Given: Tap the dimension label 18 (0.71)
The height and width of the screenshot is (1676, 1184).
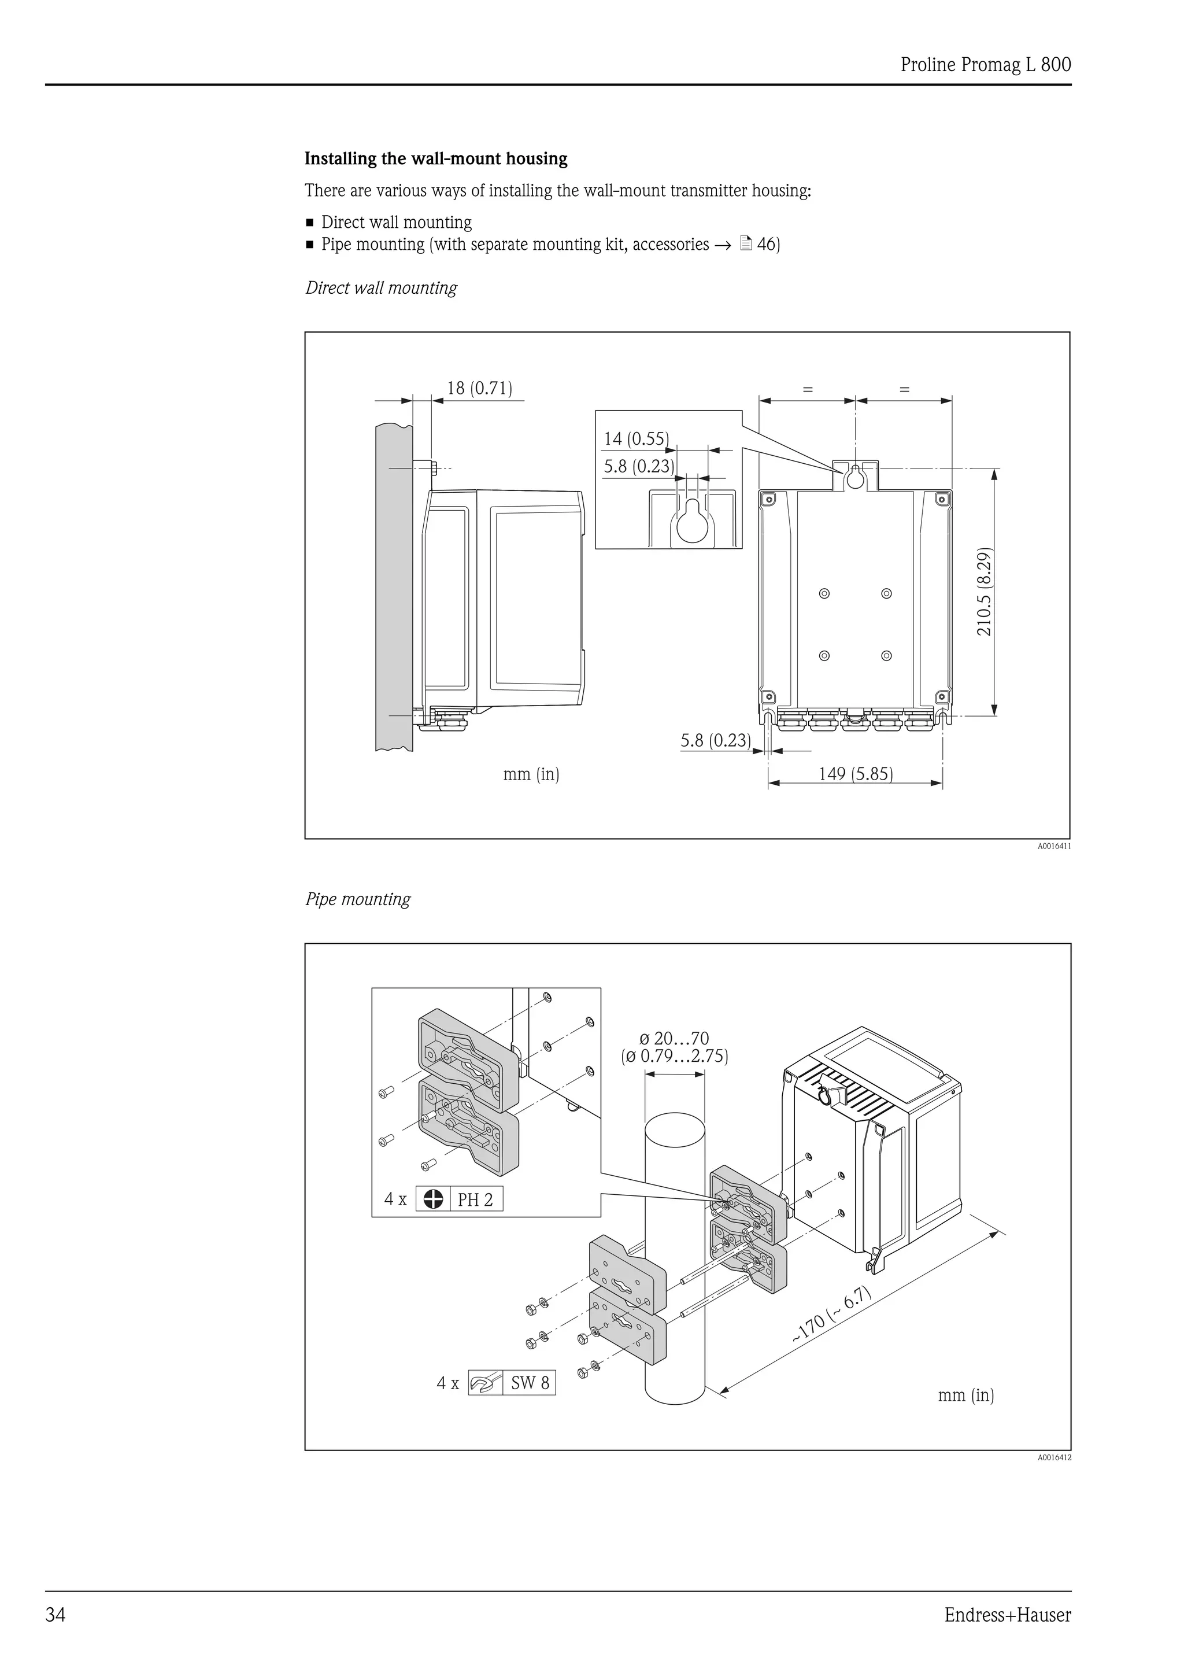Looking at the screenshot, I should [x=479, y=388].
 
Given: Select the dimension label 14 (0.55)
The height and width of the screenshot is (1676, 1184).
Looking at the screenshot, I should [x=635, y=439].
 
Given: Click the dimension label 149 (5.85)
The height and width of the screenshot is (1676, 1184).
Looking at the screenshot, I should [x=855, y=774].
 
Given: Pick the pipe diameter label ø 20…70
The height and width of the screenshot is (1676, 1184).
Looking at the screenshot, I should [x=674, y=1038].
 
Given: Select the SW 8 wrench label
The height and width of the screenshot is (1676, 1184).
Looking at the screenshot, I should [x=530, y=1383].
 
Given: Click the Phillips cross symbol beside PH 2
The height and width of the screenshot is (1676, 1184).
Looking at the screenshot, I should [x=434, y=1199].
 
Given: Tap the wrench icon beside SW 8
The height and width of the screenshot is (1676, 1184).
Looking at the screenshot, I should [x=484, y=1383].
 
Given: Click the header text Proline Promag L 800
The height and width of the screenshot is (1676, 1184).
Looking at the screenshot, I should [x=986, y=65].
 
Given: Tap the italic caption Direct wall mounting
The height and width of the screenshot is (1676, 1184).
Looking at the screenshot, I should [x=381, y=289].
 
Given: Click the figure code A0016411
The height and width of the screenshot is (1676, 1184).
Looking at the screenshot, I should [x=1054, y=847].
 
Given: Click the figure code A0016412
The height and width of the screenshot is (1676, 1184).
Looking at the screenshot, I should [x=1054, y=1458].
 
